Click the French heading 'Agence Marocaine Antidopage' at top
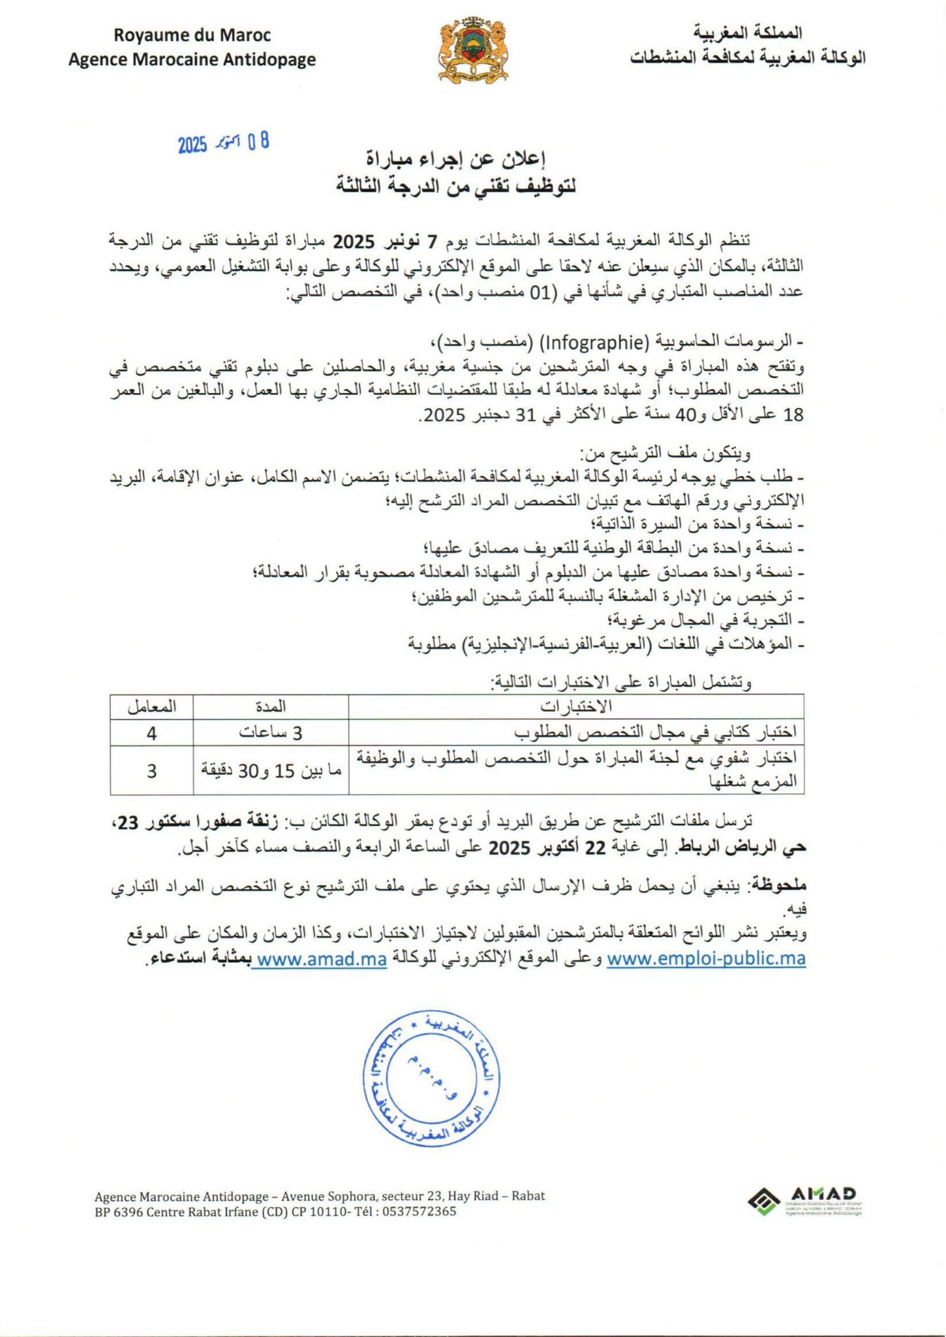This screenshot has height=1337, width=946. click(x=192, y=59)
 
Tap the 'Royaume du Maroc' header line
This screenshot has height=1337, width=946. click(x=192, y=35)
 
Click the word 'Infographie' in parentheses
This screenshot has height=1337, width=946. click(x=593, y=341)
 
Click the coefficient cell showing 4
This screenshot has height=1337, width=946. click(x=151, y=733)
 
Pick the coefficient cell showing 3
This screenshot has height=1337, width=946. click(x=151, y=771)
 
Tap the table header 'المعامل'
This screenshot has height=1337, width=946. click(x=151, y=706)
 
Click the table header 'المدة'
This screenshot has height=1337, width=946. click(x=270, y=706)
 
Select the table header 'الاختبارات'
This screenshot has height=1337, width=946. click(x=575, y=706)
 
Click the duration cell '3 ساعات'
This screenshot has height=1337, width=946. click(x=270, y=733)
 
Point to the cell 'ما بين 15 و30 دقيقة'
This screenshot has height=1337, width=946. click(x=270, y=771)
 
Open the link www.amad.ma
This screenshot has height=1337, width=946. click(x=322, y=959)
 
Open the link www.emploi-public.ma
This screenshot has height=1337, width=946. click(x=706, y=958)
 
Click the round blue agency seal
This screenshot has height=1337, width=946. click(x=431, y=1078)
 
